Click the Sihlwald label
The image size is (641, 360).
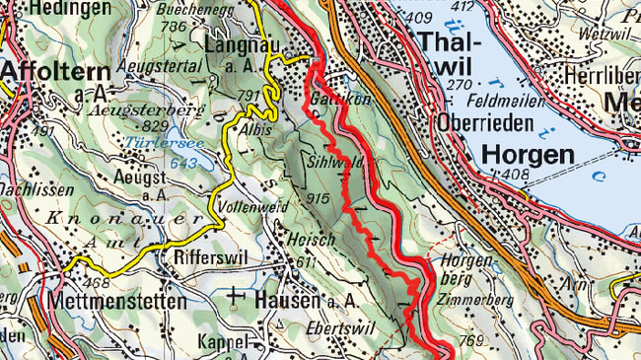(332, 162)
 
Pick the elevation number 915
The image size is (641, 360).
(319, 199)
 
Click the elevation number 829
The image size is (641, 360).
(155, 126)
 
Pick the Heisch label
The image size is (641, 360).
(307, 240)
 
